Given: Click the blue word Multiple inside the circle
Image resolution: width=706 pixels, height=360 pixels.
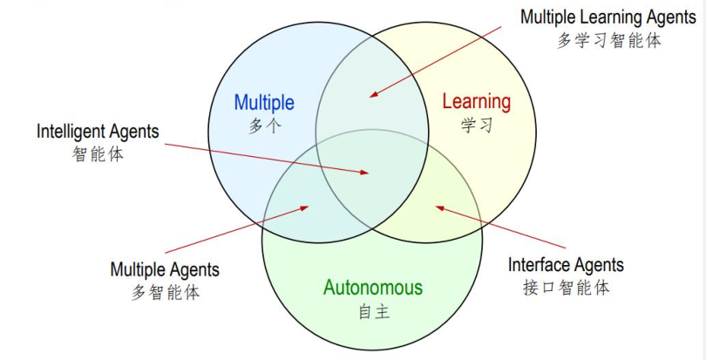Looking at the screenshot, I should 263,103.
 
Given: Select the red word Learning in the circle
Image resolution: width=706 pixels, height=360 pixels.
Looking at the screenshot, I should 476,101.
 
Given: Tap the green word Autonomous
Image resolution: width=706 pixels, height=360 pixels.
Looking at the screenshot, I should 372,288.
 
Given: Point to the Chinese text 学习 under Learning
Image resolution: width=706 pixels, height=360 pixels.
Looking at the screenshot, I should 477,125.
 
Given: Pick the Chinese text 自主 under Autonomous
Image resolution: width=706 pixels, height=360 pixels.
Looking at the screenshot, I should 372,311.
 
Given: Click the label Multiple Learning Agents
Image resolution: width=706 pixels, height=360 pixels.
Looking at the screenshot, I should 608,17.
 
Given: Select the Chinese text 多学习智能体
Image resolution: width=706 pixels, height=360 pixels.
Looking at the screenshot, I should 608,40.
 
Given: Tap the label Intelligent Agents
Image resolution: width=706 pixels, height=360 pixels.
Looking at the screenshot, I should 98,132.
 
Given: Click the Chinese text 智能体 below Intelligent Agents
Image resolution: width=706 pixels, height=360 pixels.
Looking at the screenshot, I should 98,155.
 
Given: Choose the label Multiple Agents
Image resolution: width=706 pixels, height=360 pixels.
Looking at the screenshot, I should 165,269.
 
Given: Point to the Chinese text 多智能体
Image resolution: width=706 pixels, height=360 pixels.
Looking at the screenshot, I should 166,293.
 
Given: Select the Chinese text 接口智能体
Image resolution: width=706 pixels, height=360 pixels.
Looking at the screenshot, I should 566,288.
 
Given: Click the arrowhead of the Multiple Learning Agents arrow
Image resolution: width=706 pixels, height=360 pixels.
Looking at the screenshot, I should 370,95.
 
